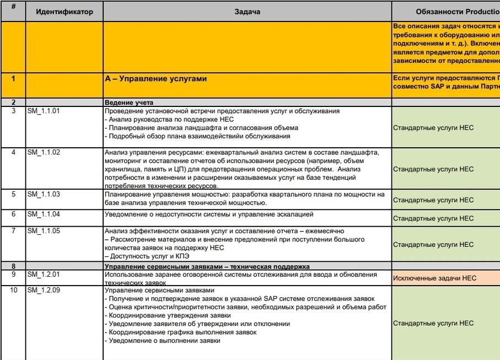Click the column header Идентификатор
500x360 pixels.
click(64, 12)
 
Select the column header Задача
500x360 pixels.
click(247, 12)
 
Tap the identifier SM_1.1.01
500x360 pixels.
click(44, 111)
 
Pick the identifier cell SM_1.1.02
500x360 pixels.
click(44, 152)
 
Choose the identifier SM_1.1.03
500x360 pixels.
click(44, 195)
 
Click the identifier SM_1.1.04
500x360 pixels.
click(44, 214)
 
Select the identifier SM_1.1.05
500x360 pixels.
click(44, 231)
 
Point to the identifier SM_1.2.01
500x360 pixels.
click(44, 274)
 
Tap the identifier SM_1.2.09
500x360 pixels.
click(44, 290)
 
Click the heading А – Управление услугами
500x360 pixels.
click(156, 79)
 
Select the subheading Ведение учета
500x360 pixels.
click(129, 103)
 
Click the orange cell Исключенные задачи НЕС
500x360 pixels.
click(434, 278)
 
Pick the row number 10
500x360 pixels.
click(14, 290)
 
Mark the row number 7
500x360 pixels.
click(14, 231)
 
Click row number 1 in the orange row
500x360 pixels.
click(14, 78)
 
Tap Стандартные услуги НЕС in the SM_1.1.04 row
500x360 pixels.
click(433, 218)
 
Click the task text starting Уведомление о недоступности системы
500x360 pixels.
click(209, 214)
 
